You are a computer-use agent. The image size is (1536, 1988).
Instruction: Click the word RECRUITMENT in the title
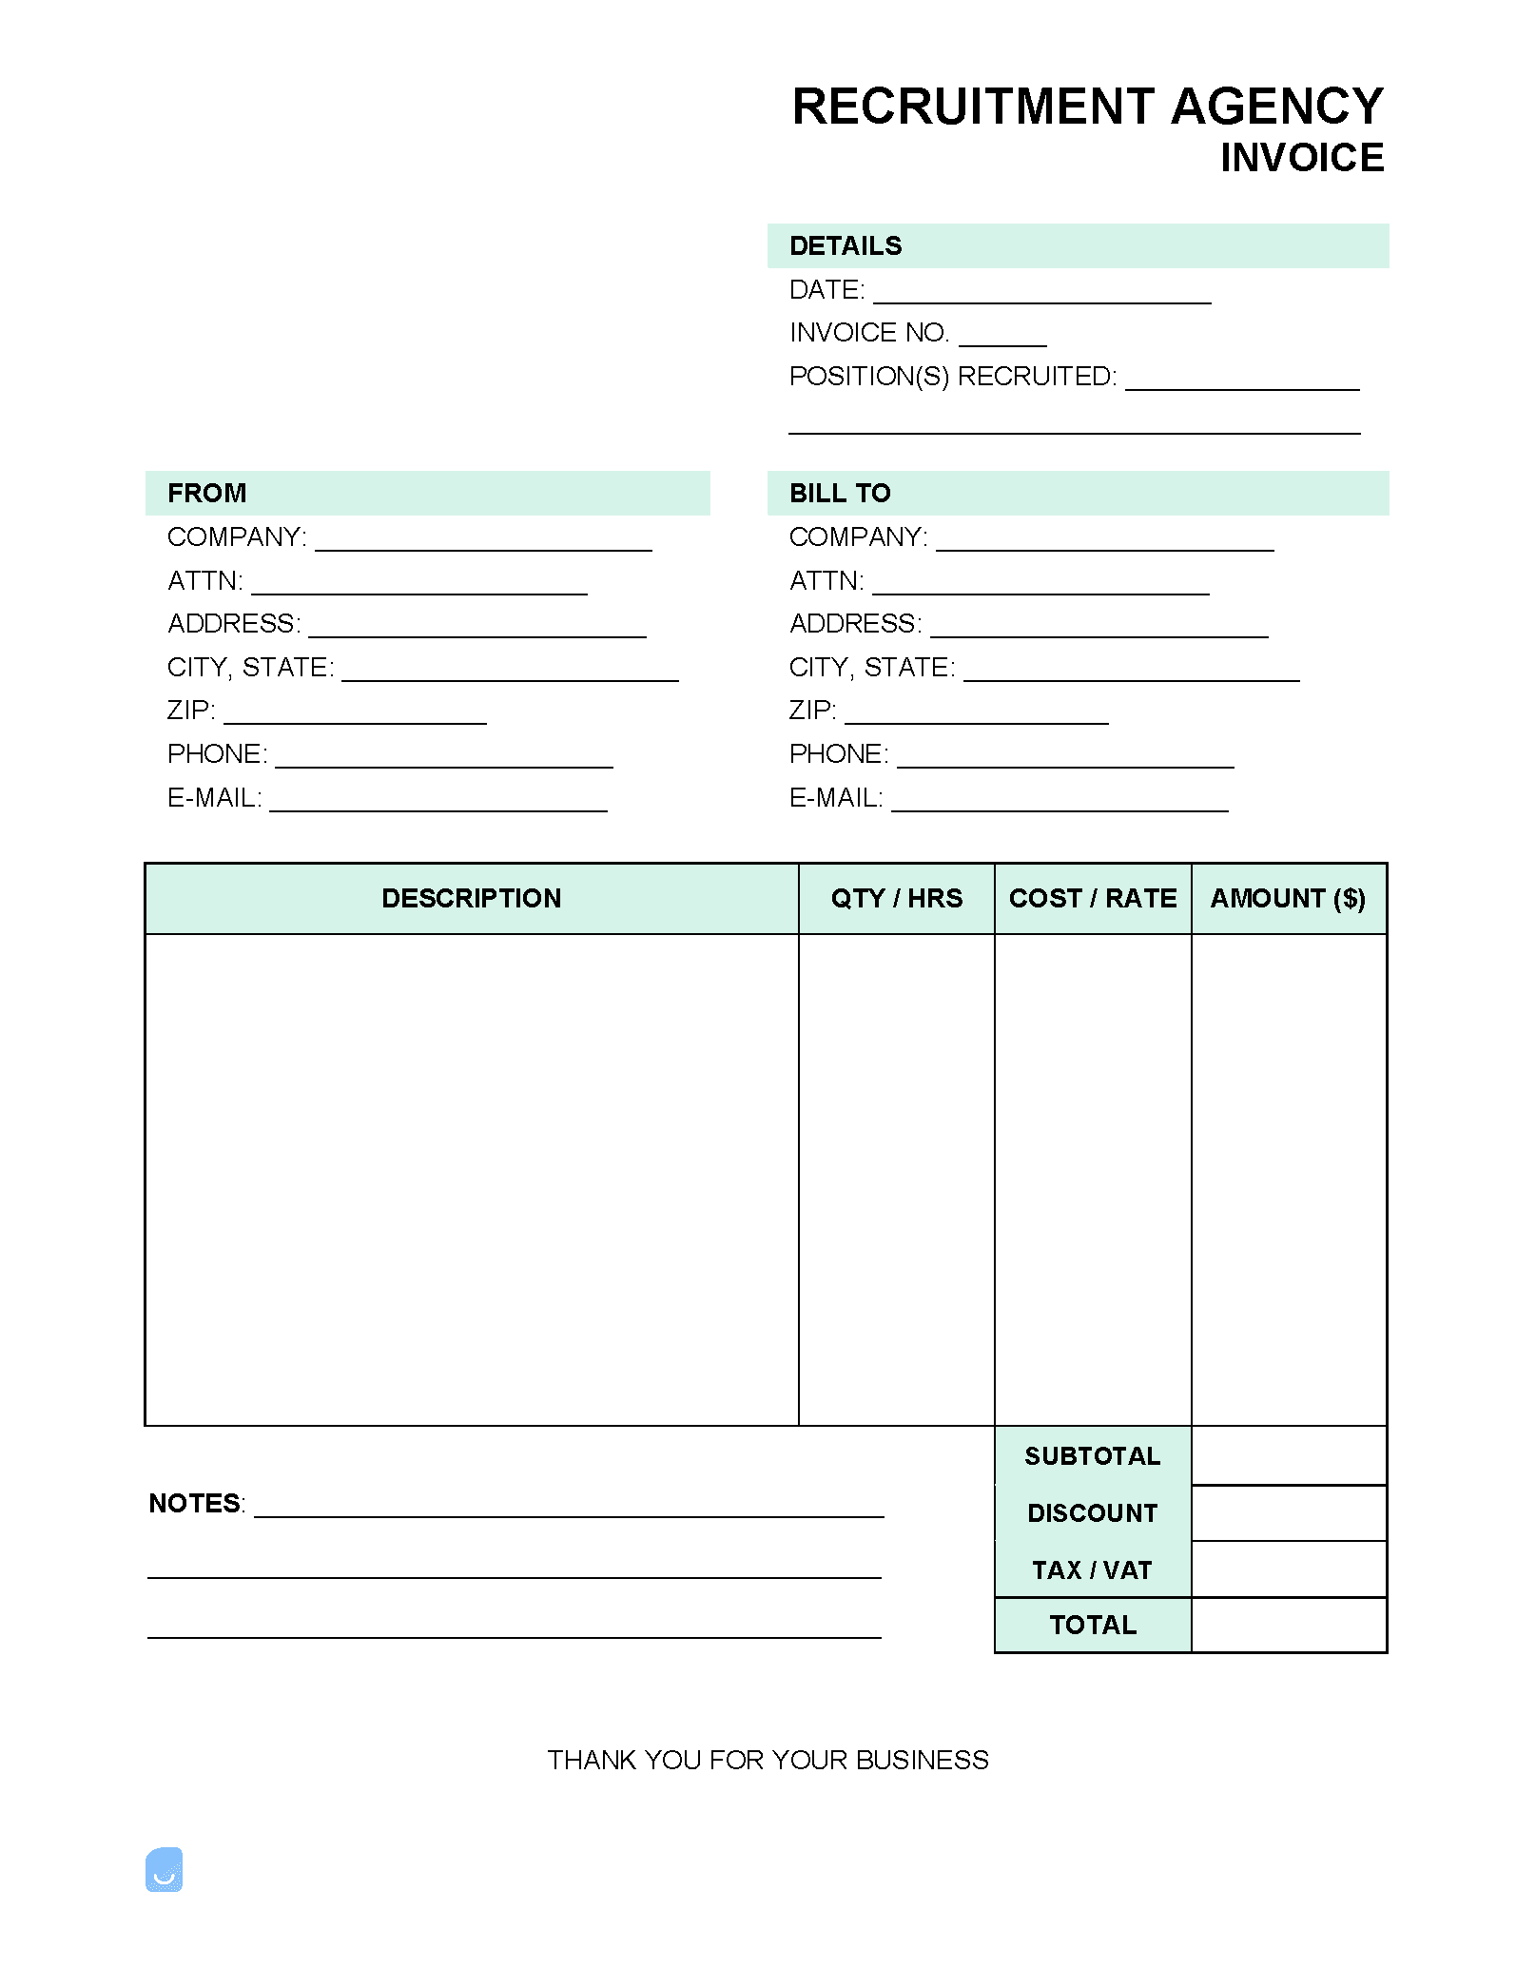(973, 107)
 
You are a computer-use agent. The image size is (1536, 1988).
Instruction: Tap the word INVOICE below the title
(1302, 158)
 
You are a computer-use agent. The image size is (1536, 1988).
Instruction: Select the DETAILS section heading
(846, 246)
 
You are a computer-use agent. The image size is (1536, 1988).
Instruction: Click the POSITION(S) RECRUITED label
(952, 377)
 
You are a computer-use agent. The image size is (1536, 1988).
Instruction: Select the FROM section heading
(206, 494)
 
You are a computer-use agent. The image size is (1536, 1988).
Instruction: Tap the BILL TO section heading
(840, 494)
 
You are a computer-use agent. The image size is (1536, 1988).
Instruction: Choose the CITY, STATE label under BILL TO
(871, 668)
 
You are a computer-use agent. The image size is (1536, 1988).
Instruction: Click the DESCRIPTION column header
(471, 899)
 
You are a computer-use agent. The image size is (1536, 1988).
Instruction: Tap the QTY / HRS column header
(896, 899)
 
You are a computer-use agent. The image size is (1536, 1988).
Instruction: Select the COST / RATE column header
(1093, 899)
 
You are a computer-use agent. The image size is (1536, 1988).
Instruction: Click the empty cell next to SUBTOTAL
(1289, 1456)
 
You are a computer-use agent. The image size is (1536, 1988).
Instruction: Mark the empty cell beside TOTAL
(1289, 1626)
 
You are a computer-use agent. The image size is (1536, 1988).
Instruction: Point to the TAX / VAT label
(1092, 1570)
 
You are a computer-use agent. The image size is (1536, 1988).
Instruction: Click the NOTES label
(196, 1504)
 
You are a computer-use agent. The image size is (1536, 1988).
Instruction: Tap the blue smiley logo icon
(165, 1870)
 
